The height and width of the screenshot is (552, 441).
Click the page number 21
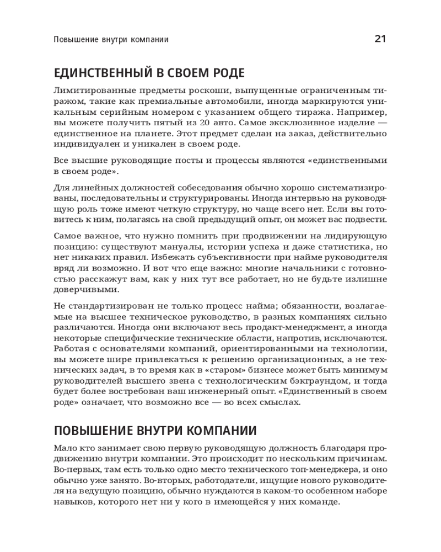(x=380, y=39)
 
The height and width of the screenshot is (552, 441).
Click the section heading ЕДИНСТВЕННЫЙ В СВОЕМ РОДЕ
(x=149, y=73)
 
